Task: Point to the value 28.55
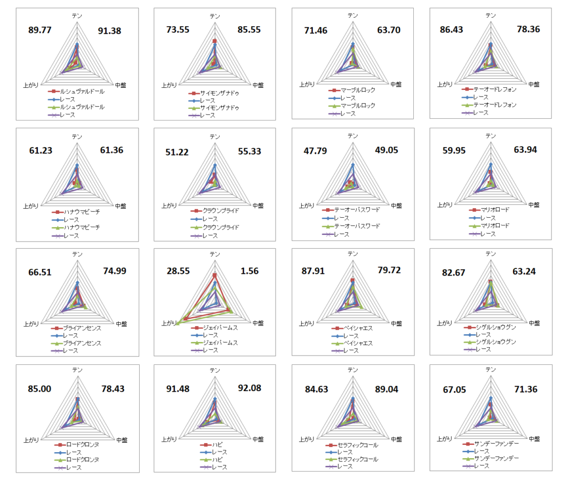(x=179, y=271)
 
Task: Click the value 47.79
(x=316, y=151)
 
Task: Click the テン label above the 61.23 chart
(x=77, y=136)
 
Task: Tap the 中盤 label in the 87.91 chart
(x=394, y=323)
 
